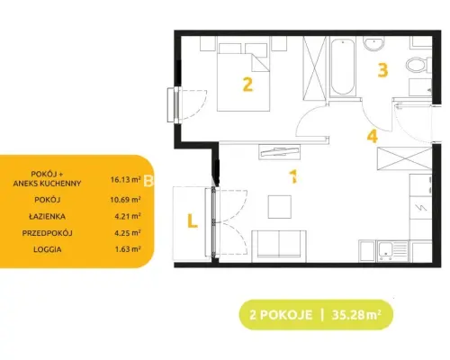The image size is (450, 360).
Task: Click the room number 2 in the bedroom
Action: (247, 85)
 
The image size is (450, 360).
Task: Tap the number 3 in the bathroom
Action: (382, 70)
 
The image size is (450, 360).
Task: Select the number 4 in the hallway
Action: (373, 136)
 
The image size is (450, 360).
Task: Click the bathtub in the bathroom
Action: (342, 67)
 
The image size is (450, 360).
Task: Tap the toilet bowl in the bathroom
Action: (418, 65)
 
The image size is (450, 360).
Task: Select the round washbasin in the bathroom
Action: (373, 43)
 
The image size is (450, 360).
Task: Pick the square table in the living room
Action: (280, 207)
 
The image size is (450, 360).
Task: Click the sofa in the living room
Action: (279, 246)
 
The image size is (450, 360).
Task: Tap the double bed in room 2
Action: (243, 77)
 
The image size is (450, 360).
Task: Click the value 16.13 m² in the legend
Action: (125, 179)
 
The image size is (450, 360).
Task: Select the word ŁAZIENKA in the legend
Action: (47, 216)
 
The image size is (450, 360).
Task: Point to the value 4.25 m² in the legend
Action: (128, 232)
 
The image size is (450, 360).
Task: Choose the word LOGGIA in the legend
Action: (48, 249)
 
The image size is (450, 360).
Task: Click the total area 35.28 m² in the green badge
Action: (356, 315)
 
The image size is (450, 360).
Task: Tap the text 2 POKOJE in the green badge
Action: (281, 315)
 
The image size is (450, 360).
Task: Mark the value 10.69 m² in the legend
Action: (125, 200)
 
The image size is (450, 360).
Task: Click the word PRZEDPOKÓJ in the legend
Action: (47, 233)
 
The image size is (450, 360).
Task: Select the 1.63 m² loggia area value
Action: (128, 249)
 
